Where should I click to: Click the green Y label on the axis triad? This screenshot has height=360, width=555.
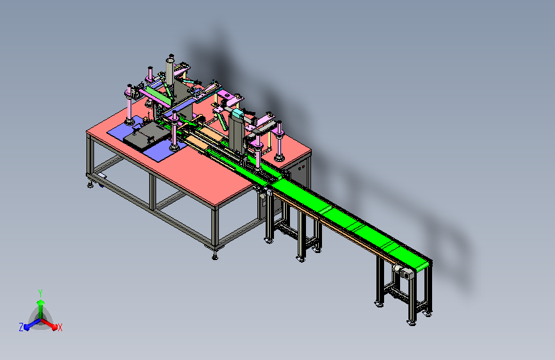click(40, 293)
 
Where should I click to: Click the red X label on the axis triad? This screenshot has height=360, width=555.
click(60, 328)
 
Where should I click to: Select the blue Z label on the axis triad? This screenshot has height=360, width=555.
click(21, 327)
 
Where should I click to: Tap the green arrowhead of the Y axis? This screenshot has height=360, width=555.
click(41, 302)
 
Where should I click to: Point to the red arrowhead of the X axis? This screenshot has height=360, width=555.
click(54, 327)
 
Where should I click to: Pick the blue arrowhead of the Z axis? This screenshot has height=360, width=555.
click(27, 327)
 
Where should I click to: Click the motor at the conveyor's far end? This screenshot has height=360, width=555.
click(403, 272)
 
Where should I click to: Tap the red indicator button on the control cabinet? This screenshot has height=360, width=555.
click(303, 167)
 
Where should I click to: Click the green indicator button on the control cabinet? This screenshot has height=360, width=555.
click(299, 168)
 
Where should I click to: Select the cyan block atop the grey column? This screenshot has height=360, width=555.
click(237, 113)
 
